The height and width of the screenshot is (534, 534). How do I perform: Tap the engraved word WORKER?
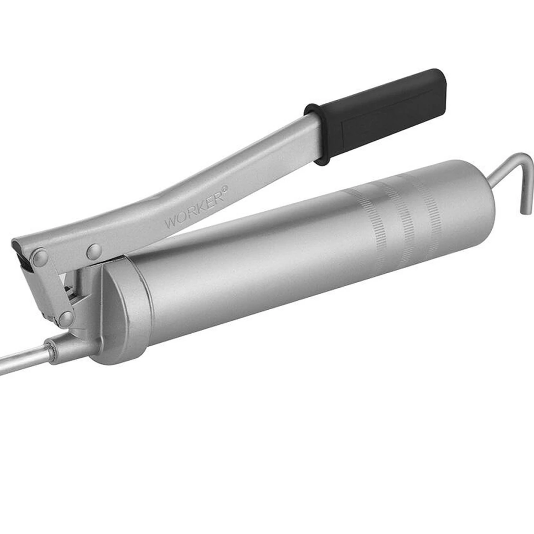(194, 209)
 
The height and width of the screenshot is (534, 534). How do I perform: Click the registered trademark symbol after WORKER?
(224, 188)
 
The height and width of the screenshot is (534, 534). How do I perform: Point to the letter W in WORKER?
(171, 222)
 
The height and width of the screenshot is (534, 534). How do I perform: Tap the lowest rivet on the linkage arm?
(66, 319)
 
